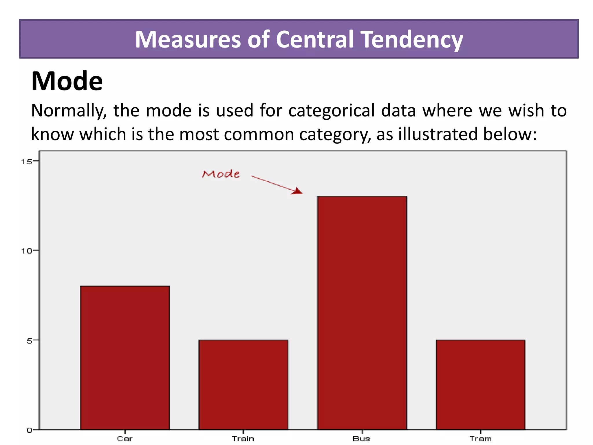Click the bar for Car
pyautogui.click(x=125, y=358)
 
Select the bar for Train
pyautogui.click(x=243, y=384)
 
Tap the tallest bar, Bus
pyautogui.click(x=362, y=313)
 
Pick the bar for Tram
pyautogui.click(x=481, y=384)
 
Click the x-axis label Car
pyautogui.click(x=125, y=439)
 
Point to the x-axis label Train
pyautogui.click(x=243, y=439)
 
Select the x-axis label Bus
pyautogui.click(x=361, y=439)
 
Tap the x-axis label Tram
pyautogui.click(x=481, y=439)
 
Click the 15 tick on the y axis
pyautogui.click(x=27, y=161)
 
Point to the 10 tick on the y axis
pyautogui.click(x=27, y=251)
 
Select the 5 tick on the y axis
pyautogui.click(x=29, y=341)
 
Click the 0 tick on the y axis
pyautogui.click(x=29, y=430)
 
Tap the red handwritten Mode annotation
pyautogui.click(x=221, y=174)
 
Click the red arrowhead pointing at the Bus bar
pyautogui.click(x=297, y=191)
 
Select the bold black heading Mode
pyautogui.click(x=67, y=81)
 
